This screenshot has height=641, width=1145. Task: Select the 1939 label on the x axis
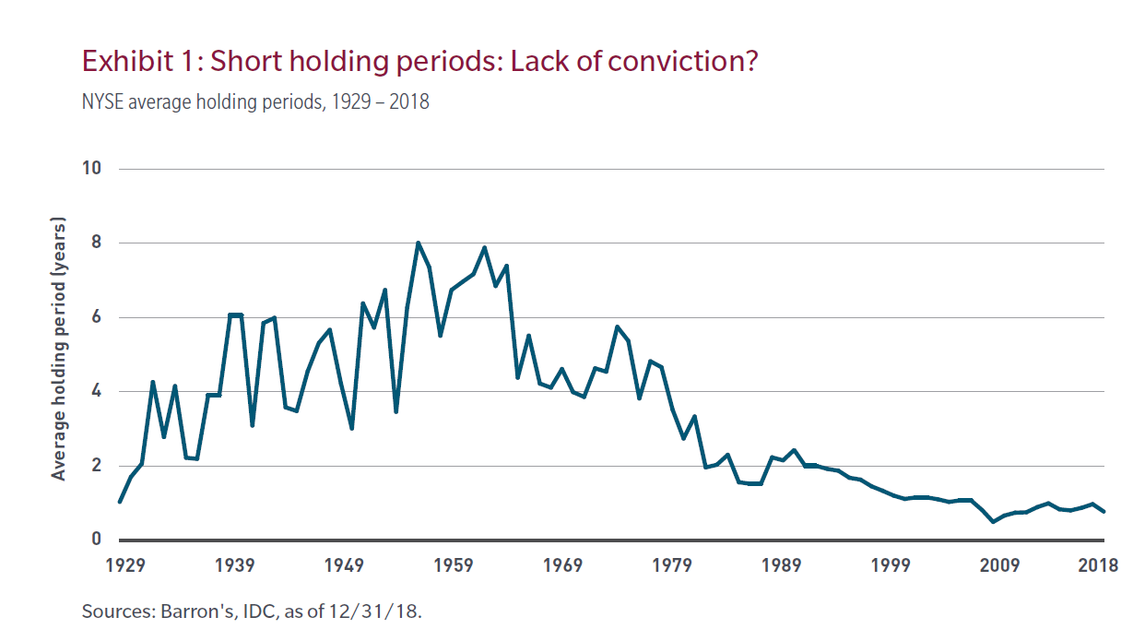(235, 565)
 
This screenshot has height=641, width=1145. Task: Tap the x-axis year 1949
(345, 565)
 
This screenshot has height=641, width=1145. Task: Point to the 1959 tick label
(454, 565)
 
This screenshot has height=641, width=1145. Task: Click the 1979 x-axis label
(673, 565)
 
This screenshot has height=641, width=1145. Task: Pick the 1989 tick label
(782, 565)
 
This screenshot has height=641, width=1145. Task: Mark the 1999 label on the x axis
(891, 565)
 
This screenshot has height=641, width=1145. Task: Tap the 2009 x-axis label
(1000, 565)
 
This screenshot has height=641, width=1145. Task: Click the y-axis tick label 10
(90, 169)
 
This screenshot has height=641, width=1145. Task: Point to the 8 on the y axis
(95, 243)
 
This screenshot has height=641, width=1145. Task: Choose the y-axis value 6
(95, 317)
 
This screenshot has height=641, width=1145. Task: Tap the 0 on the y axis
(95, 540)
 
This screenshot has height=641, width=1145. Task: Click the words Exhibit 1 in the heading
(139, 62)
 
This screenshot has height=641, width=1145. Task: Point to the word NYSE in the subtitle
(102, 101)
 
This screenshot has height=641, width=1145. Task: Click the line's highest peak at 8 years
(418, 243)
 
